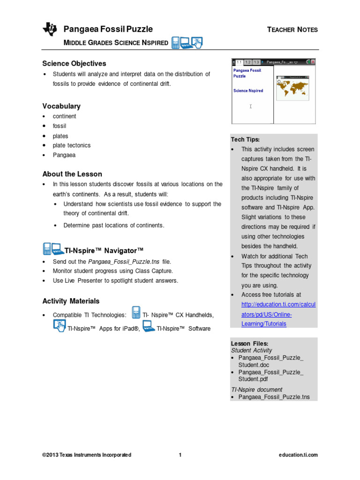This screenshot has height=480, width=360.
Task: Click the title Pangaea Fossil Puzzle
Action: click(108, 30)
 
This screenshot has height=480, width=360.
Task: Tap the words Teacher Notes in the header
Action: click(292, 30)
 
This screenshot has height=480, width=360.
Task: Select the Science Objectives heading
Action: click(74, 63)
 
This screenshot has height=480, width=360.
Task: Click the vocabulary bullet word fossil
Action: click(60, 126)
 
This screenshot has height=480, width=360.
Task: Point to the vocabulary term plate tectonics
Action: click(72, 145)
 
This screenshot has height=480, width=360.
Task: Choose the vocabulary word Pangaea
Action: click(64, 155)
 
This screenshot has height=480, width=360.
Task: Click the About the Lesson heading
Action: click(72, 174)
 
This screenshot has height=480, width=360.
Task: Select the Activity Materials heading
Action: click(71, 301)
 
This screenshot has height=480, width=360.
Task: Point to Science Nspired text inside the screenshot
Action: click(248, 91)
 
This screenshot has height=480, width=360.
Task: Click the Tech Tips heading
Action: click(245, 140)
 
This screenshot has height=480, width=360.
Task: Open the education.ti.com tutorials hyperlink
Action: click(278, 314)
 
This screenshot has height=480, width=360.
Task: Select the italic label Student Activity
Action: click(251, 350)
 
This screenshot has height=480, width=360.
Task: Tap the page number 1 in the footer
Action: click(180, 455)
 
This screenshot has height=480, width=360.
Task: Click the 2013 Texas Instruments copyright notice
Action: click(87, 455)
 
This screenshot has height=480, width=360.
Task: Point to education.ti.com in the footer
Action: click(298, 455)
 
